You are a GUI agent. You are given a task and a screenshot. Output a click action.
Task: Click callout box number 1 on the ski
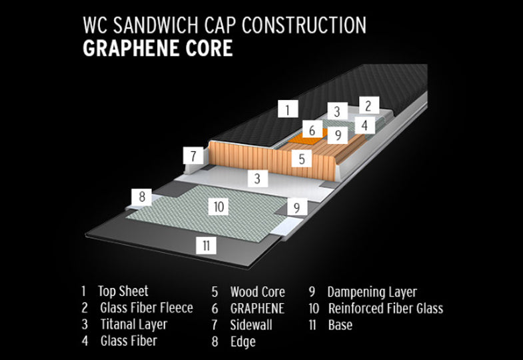point(287,109)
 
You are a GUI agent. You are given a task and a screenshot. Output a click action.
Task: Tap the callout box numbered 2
point(368,105)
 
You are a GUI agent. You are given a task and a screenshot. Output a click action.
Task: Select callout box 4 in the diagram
point(364,125)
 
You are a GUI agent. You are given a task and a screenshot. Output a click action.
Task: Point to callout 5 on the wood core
point(302,159)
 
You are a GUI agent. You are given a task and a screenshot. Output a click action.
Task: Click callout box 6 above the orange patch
point(312,129)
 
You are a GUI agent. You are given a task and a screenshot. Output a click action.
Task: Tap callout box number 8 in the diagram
point(141,197)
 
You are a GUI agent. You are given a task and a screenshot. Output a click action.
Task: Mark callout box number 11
point(207,245)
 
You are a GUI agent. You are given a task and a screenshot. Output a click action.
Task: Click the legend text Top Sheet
point(123,291)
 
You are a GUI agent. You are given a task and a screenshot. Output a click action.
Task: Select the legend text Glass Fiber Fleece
point(147,308)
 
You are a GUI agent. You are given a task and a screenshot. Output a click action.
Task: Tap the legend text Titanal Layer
point(134,325)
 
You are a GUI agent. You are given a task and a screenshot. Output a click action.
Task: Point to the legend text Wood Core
point(257,292)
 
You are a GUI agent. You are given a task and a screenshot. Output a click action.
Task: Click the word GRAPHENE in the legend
point(257,308)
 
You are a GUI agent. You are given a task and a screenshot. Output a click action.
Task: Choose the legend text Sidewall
point(252,325)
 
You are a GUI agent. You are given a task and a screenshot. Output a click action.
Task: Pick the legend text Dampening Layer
point(372,292)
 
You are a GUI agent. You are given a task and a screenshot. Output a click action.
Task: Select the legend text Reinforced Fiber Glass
point(385,308)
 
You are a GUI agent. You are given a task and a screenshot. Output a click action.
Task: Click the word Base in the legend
point(340,325)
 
